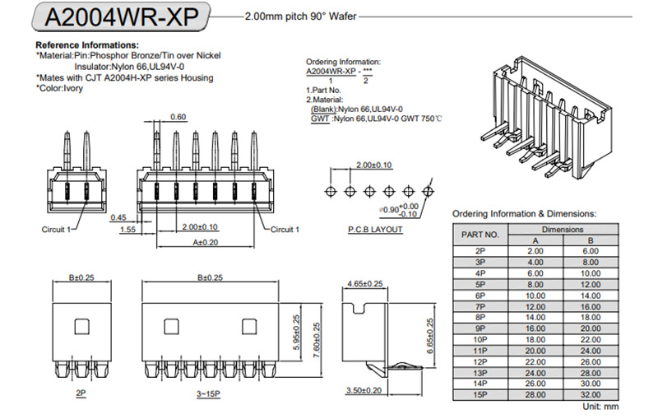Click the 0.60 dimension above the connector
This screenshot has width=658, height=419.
click(x=178, y=117)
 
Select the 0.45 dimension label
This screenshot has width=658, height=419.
click(x=118, y=218)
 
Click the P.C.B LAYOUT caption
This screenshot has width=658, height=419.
click(x=375, y=230)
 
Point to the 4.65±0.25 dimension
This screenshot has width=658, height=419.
click(x=366, y=284)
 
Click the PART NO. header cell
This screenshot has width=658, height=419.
click(x=480, y=234)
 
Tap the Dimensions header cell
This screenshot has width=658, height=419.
click(x=563, y=229)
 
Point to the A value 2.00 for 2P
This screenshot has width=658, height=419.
click(x=535, y=250)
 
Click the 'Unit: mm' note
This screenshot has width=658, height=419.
click(x=600, y=407)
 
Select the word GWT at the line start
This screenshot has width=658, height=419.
click(x=320, y=119)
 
